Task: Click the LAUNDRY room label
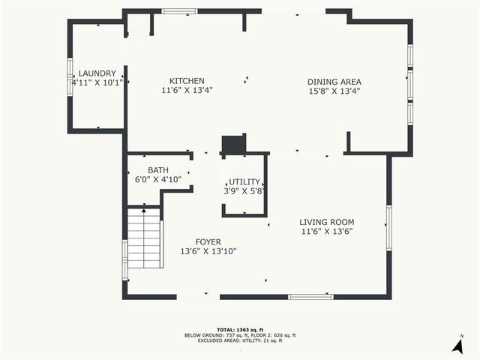coord(97,73)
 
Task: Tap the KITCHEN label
coord(187,81)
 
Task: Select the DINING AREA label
coord(334,82)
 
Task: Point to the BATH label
coord(158,170)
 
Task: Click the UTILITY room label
coord(244,182)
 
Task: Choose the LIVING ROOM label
coord(326,222)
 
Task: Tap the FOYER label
coord(208,241)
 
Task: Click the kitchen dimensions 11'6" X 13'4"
coord(187,91)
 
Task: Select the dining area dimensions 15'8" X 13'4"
coord(334,91)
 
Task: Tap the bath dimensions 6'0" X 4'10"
coord(158,180)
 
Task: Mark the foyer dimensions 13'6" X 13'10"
coord(208,251)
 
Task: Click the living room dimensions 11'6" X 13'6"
coord(326,232)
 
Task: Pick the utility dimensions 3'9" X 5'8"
coord(244,192)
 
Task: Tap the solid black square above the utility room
coord(233,144)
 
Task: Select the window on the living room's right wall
coord(388,226)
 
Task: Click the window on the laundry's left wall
coord(70,76)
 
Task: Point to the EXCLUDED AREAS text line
coord(240,340)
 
